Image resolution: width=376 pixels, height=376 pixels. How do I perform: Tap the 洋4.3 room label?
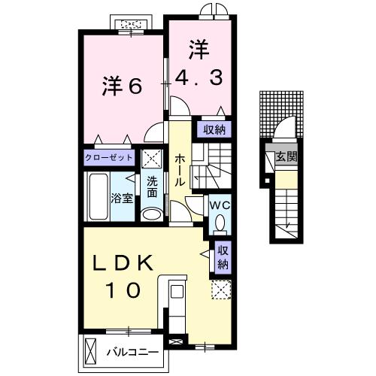pyautogui.click(x=199, y=65)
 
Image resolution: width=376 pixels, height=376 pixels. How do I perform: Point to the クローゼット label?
pyautogui.click(x=109, y=158)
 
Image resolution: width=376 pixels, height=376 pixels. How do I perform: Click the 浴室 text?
pyautogui.click(x=123, y=199)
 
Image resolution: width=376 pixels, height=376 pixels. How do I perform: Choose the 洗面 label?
pyautogui.click(x=152, y=186)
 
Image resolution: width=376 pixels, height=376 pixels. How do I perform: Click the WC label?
pyautogui.click(x=219, y=203)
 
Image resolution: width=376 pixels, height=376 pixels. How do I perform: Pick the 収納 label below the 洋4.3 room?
pyautogui.click(x=213, y=129)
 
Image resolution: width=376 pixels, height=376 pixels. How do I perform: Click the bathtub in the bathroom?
pyautogui.click(x=98, y=198)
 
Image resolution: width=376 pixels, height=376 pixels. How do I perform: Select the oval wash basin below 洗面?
pyautogui.click(x=151, y=214)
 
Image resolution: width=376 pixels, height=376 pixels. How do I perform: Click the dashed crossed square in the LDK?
pyautogui.click(x=221, y=290)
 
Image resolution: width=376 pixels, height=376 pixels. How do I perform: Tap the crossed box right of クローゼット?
pyautogui.click(x=153, y=159)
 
